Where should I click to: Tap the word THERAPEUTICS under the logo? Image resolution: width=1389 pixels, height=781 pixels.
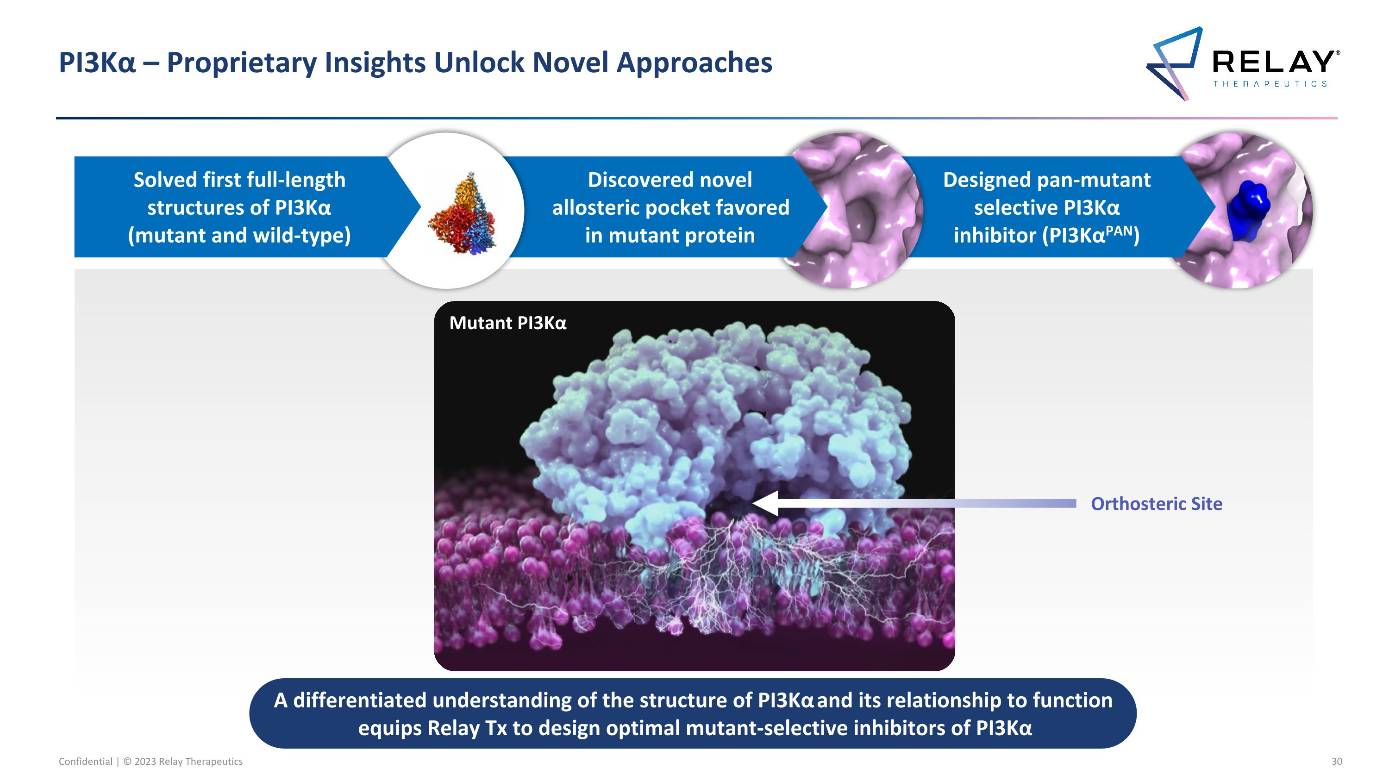(1270, 84)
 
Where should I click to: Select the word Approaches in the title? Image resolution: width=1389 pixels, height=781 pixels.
(694, 62)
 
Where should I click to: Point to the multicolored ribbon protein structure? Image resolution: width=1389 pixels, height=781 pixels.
(462, 213)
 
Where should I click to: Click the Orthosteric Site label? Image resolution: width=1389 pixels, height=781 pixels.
(1157, 503)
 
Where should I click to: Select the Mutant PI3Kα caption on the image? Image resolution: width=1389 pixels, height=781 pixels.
(507, 323)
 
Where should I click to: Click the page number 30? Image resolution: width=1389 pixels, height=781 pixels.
(1337, 761)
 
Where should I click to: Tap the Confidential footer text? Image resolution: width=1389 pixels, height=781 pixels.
(85, 761)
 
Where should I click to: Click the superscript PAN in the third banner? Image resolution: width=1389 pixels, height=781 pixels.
(1118, 231)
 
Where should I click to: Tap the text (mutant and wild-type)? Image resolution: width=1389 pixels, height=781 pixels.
(239, 236)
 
